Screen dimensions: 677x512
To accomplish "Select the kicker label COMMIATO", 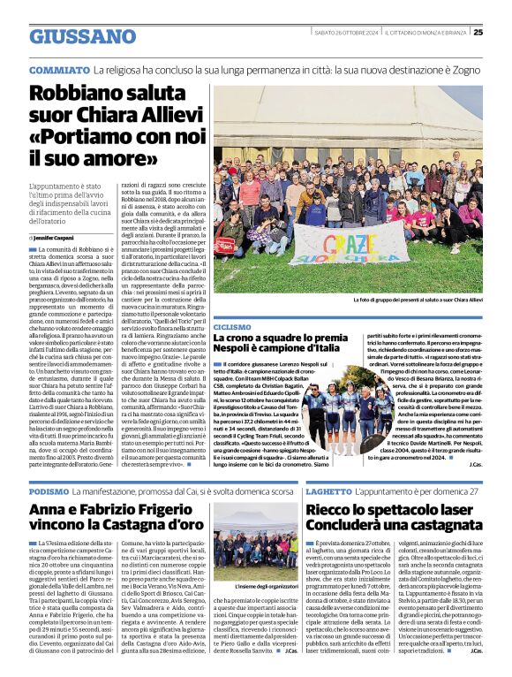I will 59,69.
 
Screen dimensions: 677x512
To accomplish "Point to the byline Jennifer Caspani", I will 56,239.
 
